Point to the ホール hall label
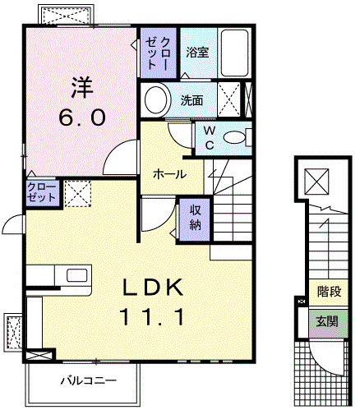point(168,173)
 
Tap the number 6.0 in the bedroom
point(80,117)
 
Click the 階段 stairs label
point(329,291)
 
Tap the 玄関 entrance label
point(328,320)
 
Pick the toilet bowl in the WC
point(236,137)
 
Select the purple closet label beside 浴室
point(157,53)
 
